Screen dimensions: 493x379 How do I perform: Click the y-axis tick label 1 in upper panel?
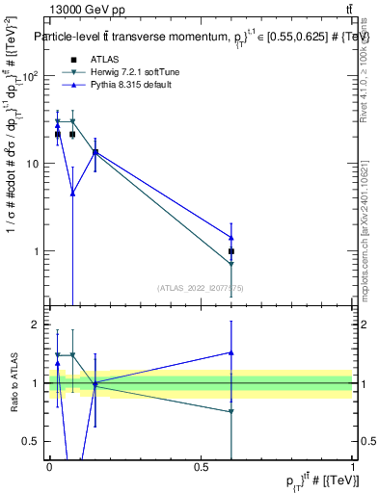tap(38, 252)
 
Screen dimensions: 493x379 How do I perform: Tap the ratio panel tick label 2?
tap(38, 324)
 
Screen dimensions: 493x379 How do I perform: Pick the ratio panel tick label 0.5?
tap(34, 441)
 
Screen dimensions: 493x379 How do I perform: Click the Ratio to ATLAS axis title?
tap(14, 383)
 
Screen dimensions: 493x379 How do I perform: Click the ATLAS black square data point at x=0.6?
tap(231, 251)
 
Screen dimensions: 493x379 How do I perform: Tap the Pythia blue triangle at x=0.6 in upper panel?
tap(231, 237)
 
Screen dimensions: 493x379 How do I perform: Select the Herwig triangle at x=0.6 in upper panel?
tap(231, 264)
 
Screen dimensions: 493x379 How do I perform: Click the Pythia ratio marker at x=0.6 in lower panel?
tap(231, 352)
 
